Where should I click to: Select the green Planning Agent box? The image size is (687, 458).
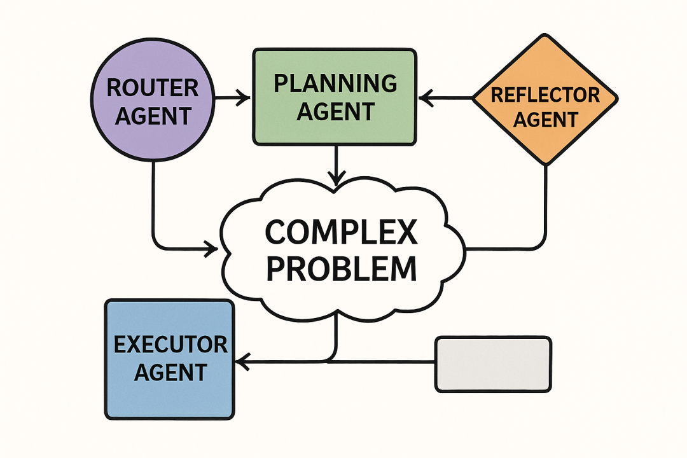[x=335, y=97]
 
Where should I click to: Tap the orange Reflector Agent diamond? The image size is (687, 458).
[x=545, y=98]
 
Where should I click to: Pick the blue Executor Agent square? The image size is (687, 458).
[x=169, y=359]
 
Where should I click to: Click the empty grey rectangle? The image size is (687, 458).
[x=492, y=364]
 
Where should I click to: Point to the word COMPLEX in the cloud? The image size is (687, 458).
[x=341, y=233]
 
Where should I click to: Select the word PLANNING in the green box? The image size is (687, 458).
[x=335, y=83]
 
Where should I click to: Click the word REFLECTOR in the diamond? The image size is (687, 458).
[x=546, y=95]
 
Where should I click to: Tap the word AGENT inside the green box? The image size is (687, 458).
[x=335, y=111]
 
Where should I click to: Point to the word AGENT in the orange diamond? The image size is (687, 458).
[x=546, y=119]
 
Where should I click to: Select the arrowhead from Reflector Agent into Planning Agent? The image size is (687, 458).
[x=426, y=98]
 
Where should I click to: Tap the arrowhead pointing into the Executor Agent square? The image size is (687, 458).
[x=242, y=362]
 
